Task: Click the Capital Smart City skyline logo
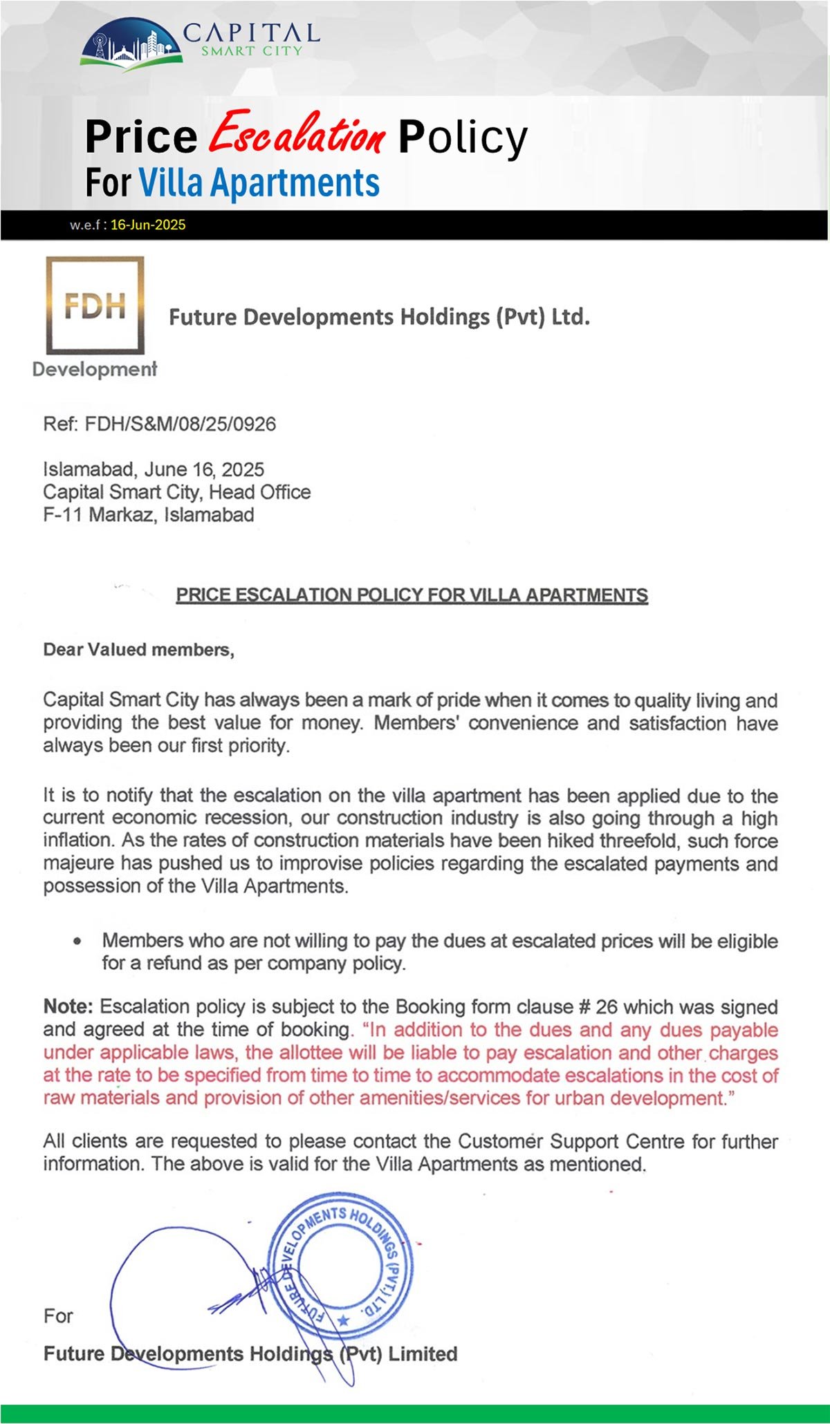pos(131,43)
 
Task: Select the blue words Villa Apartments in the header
pos(259,183)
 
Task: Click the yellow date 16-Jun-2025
pos(148,225)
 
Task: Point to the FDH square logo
pos(95,305)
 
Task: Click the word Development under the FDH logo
pos(95,369)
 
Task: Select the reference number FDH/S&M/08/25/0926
pos(180,424)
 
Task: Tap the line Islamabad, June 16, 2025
pos(154,469)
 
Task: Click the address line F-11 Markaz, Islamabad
pos(149,515)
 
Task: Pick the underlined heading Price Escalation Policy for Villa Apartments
pos(412,595)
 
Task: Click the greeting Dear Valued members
pos(138,650)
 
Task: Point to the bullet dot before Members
pos(77,941)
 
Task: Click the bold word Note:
pos(69,1006)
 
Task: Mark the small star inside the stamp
pos(342,1321)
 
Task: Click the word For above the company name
pos(58,1315)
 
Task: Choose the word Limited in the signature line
pos(423,1353)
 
